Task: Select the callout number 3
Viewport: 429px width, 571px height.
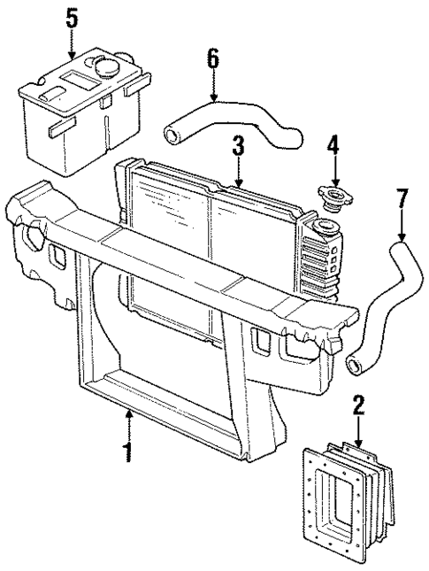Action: pos(237,146)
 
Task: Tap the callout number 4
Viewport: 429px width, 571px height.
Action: pos(333,144)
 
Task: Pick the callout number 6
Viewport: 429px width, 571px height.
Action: pos(212,59)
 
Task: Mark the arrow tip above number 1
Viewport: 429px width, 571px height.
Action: pos(129,411)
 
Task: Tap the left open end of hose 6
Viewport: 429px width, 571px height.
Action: pos(171,135)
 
